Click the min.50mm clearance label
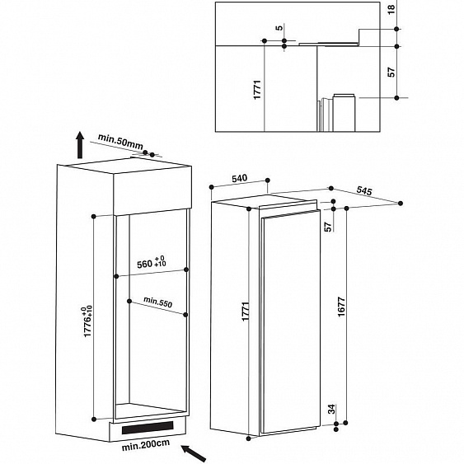[120, 142]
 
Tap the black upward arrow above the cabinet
[80, 145]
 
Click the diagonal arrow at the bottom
[194, 453]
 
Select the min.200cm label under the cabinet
[146, 445]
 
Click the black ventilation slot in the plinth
[148, 428]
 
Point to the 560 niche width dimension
[152, 262]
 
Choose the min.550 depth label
[157, 302]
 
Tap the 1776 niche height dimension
[88, 321]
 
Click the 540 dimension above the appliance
[239, 178]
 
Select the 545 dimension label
[364, 190]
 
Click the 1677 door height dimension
[341, 307]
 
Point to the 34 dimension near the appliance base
[332, 409]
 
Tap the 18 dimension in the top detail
[391, 9]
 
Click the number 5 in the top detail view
[279, 28]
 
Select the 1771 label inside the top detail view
[257, 90]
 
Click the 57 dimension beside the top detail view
[391, 73]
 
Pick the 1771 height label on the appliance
[246, 312]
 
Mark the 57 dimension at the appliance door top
[328, 227]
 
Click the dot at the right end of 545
[401, 204]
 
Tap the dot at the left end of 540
[211, 187]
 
